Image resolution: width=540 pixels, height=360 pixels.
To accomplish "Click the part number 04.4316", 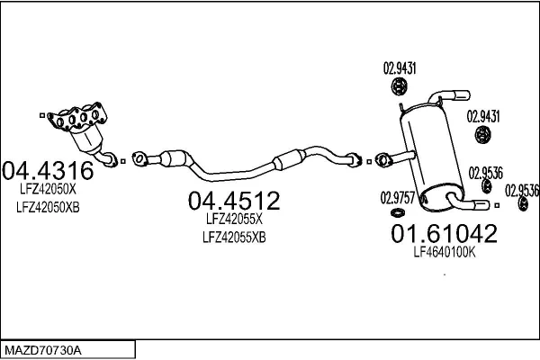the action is coord(48,170).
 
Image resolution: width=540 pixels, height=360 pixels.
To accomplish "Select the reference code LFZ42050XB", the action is coord(48,207).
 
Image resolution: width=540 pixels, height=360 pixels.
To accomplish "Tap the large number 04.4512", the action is coord(234,201).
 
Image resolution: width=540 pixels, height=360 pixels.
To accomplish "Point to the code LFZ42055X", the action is coord(234,219).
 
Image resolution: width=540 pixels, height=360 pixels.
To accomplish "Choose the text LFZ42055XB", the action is coord(234,238).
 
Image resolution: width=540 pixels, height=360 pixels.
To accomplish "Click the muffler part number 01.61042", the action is coord(445,233).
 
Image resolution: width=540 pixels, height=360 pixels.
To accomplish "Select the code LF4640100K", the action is coord(445,253).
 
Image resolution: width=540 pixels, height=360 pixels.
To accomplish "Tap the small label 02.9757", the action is coord(398,198).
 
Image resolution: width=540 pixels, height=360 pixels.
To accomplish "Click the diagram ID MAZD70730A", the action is coord(43,351).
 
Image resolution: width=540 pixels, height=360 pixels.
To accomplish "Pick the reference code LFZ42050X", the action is coord(48,189).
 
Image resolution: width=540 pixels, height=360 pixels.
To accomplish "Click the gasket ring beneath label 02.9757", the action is coord(398,213).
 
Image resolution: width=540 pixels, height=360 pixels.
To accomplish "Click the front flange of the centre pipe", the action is coord(139,158).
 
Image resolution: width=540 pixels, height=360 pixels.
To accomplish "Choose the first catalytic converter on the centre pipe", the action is coord(175,158).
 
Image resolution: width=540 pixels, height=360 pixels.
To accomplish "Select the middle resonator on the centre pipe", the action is coord(289,159).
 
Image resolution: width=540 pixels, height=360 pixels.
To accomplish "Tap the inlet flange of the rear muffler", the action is coord(382,160).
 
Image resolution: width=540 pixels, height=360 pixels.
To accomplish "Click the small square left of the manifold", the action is coord(42,115).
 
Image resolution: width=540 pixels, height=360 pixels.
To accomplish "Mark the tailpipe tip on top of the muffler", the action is coord(462,95).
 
